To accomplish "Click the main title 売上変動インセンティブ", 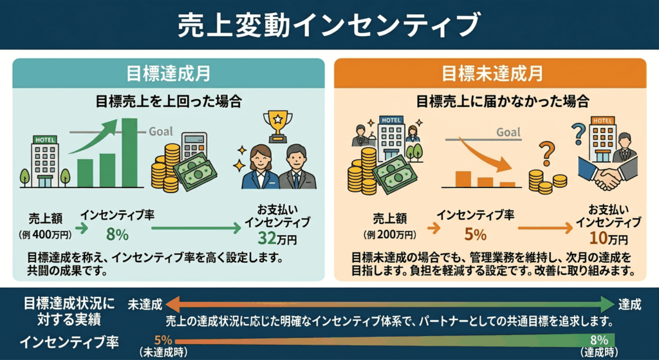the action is pyautogui.click(x=328, y=25).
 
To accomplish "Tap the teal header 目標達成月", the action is pyautogui.click(x=168, y=74).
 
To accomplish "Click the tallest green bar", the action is pyautogui.click(x=129, y=152).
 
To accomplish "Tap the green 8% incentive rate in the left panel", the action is pyautogui.click(x=117, y=234).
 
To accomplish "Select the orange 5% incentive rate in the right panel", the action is pyautogui.click(x=476, y=234).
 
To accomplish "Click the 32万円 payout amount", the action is pyautogui.click(x=277, y=239).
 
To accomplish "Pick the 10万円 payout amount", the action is pyautogui.click(x=608, y=238).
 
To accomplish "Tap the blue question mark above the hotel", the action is pyautogui.click(x=579, y=134).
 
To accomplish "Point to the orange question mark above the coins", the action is pyautogui.click(x=546, y=153).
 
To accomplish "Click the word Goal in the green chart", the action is pyautogui.click(x=160, y=131).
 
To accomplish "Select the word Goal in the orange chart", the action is pyautogui.click(x=508, y=133).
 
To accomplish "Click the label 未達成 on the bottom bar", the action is pyautogui.click(x=145, y=305).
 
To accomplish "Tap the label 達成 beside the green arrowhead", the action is pyautogui.click(x=629, y=305).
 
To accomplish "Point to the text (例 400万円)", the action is pyautogui.click(x=45, y=234).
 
